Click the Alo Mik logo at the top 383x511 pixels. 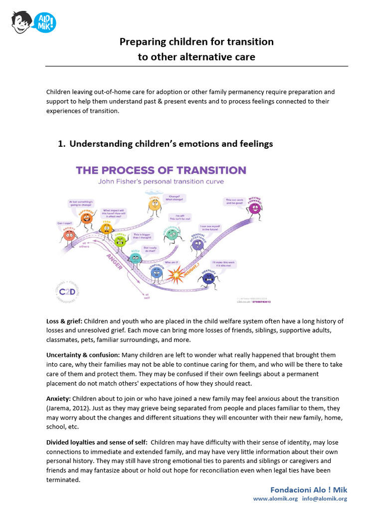[33, 22]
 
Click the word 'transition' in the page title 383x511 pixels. [248, 42]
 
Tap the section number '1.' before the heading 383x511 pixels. [62, 144]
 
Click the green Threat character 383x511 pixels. [120, 241]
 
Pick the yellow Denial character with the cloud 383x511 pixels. [154, 204]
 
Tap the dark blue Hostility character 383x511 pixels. [208, 276]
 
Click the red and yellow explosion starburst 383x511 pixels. [176, 274]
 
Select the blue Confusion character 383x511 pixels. [157, 272]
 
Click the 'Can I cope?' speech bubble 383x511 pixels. [65, 223]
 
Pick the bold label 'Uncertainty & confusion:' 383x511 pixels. [82, 355]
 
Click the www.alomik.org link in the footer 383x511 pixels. [275, 499]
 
